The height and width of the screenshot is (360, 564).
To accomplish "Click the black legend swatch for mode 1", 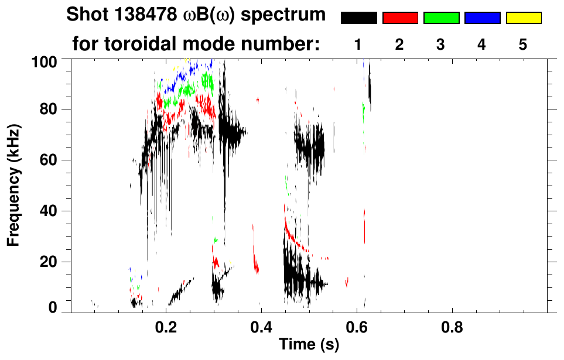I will pyautogui.click(x=358, y=18).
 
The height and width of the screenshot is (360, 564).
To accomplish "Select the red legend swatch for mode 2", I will pyautogui.click(x=400, y=18).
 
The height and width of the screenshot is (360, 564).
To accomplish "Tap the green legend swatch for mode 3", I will pyautogui.click(x=441, y=18).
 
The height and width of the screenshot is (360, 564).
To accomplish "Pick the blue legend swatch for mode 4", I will pyautogui.click(x=482, y=18).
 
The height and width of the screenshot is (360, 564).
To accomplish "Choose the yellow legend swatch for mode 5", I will pyautogui.click(x=524, y=18).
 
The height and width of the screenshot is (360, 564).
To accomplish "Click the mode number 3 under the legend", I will pyautogui.click(x=440, y=44).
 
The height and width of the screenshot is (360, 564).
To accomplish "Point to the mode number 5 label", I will pyautogui.click(x=523, y=44).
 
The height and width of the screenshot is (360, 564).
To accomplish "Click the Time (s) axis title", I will pyautogui.click(x=309, y=345).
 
